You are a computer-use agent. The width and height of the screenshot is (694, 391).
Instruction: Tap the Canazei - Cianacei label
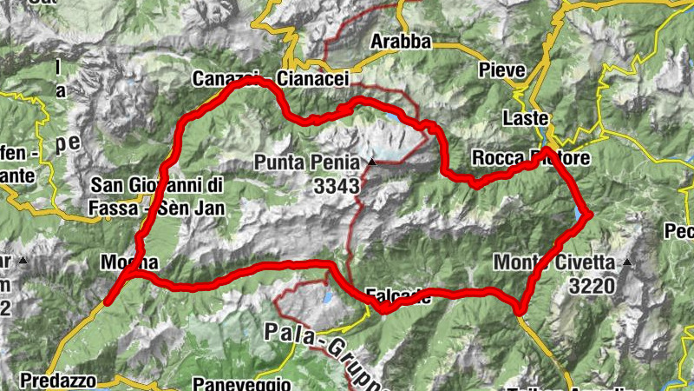[x=271, y=78]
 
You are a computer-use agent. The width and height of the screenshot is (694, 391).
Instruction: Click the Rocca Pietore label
[x=531, y=158]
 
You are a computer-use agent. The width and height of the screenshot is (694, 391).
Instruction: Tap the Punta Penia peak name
[x=307, y=162]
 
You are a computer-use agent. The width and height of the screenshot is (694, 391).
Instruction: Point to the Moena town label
[x=129, y=262]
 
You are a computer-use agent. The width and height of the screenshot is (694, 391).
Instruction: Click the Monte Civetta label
[x=554, y=262]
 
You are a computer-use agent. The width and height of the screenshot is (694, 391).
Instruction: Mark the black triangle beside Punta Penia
[x=372, y=162]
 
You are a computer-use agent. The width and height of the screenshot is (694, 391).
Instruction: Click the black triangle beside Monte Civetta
[x=626, y=262]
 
